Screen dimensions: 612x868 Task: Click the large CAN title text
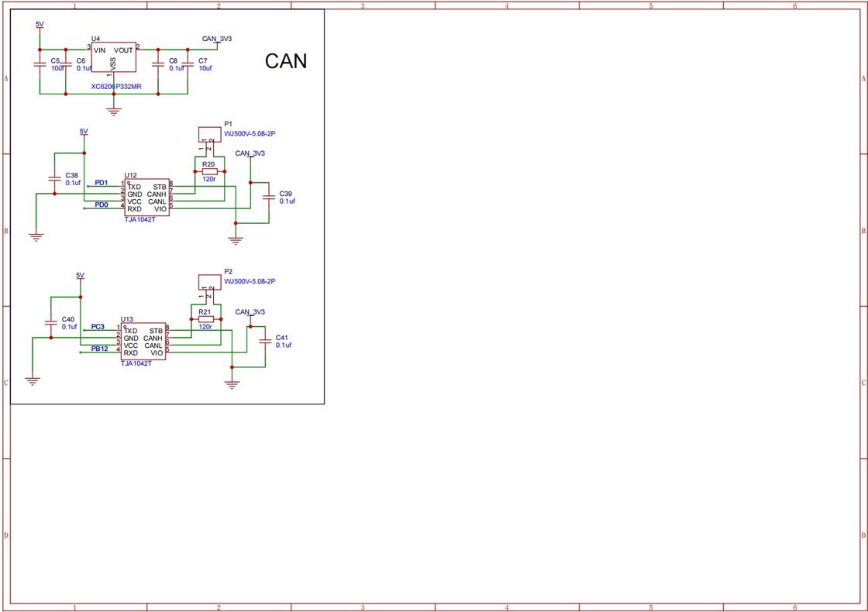(x=286, y=61)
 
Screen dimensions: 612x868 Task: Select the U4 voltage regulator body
(x=114, y=57)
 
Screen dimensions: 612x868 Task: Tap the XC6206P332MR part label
(x=116, y=87)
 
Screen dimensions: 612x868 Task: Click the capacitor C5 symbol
(x=40, y=65)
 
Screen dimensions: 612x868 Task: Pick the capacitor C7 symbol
(x=187, y=65)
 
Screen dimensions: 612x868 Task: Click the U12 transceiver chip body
(x=146, y=198)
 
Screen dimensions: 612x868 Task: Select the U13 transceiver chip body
(x=143, y=342)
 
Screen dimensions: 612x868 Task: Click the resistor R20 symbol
(x=208, y=171)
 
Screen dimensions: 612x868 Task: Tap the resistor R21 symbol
(x=205, y=318)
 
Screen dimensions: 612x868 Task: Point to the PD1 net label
(x=102, y=183)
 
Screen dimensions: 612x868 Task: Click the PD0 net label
(x=102, y=205)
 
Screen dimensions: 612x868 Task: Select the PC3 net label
(x=98, y=327)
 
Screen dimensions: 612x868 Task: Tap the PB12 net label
(x=99, y=349)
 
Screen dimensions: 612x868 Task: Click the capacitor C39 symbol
(x=268, y=197)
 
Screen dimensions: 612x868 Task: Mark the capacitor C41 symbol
(x=265, y=341)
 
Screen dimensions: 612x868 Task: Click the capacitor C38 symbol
(x=53, y=179)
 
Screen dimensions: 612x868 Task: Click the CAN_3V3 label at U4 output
(x=216, y=38)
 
